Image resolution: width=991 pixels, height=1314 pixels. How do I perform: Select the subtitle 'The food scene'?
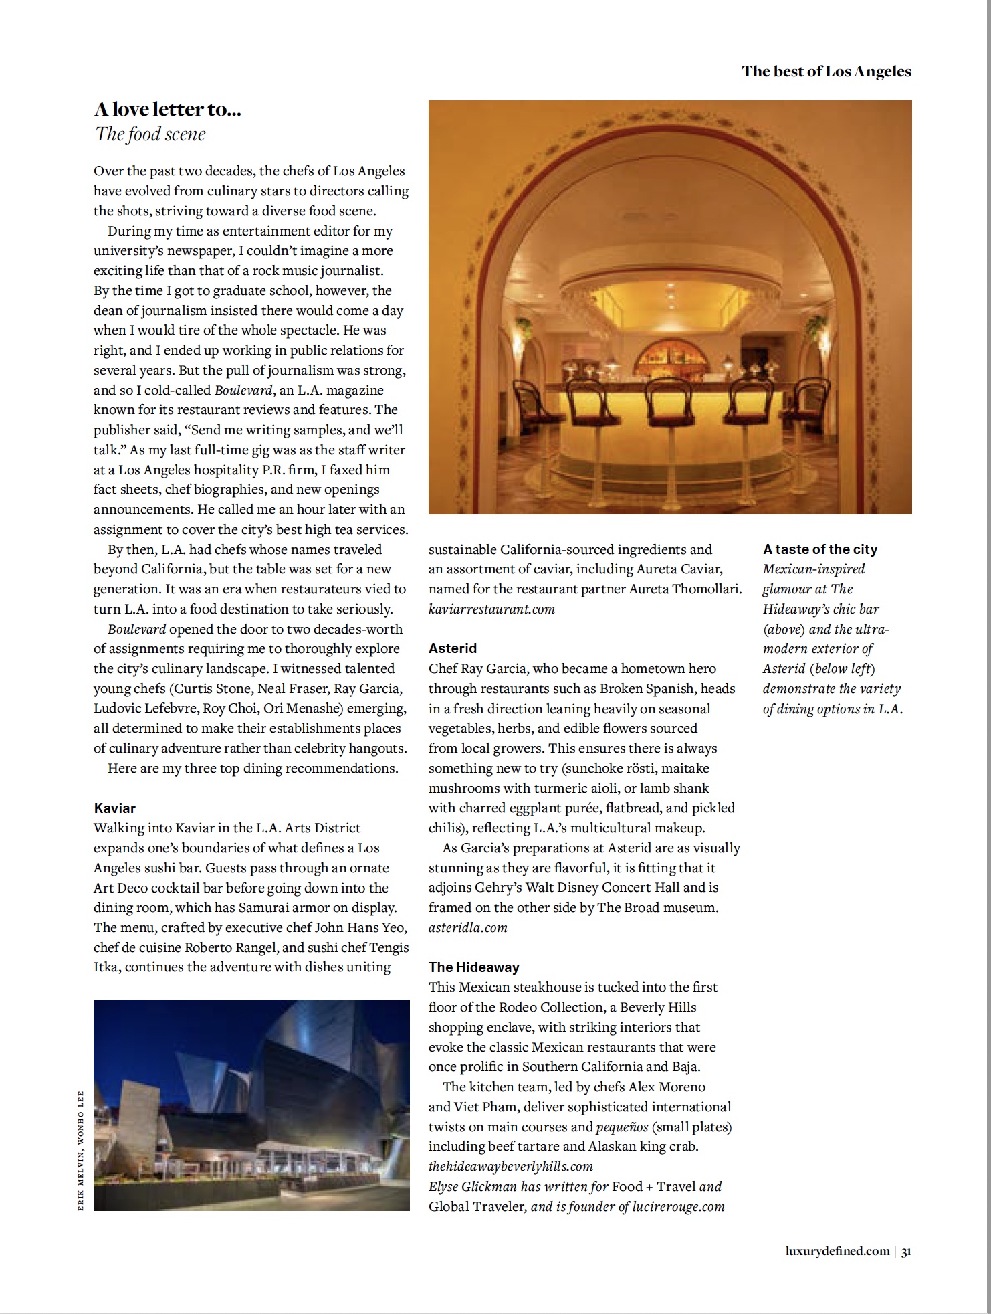(150, 134)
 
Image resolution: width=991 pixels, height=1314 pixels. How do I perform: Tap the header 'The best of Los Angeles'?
(826, 72)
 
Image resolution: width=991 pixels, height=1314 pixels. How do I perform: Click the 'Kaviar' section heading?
(114, 808)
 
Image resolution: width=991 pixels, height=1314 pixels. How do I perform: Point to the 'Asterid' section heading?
(453, 648)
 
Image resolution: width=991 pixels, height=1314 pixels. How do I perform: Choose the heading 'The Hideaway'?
(473, 967)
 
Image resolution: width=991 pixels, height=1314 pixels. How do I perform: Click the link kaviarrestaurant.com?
(491, 609)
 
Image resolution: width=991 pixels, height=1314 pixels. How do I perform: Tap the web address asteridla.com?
(468, 927)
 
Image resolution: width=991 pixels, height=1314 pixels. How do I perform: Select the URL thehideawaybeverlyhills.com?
(511, 1166)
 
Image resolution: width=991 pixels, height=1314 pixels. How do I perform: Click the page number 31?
(906, 1251)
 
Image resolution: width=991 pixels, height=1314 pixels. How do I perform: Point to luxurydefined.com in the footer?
(838, 1251)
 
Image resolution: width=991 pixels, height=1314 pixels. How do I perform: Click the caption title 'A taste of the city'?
(820, 549)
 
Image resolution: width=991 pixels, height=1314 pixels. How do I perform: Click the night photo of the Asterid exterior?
(251, 1105)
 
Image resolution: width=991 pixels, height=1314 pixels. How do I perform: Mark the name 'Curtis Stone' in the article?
(215, 688)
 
